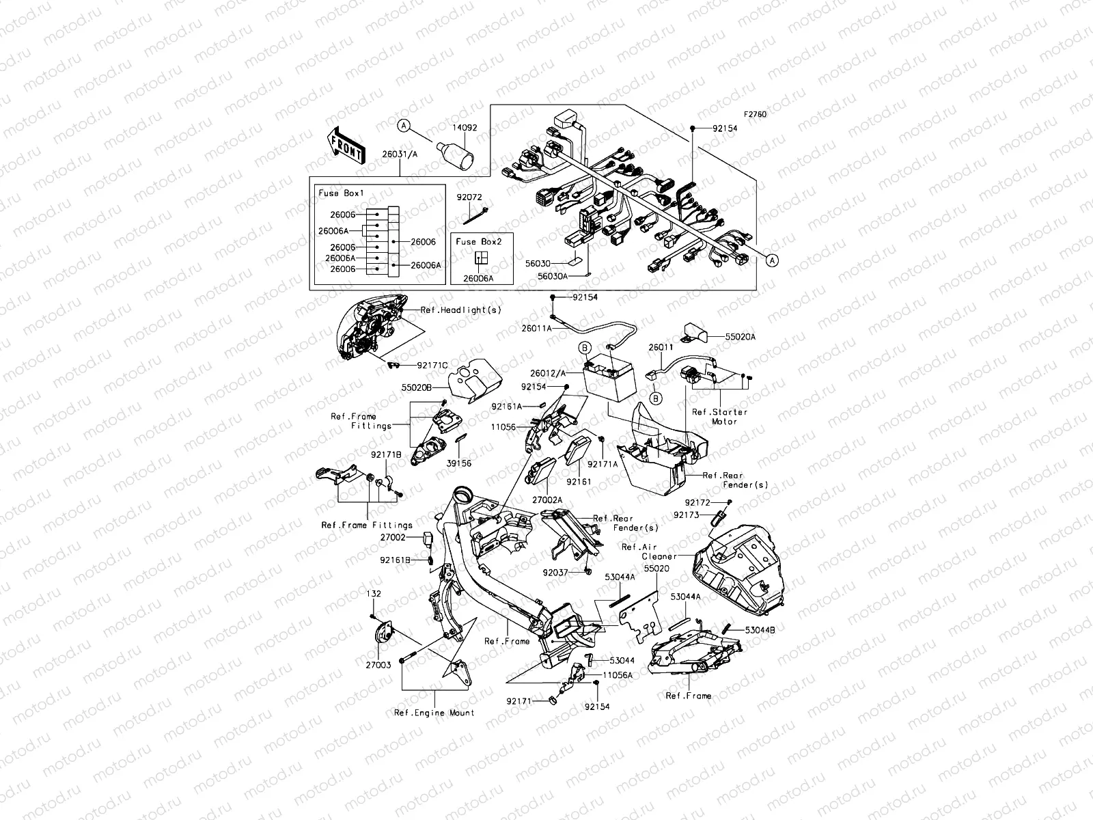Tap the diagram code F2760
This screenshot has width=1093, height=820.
coord(755,115)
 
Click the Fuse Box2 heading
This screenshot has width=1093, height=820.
coord(478,241)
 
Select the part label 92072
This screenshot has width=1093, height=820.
coord(469,197)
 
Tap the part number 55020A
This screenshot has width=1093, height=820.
coord(741,337)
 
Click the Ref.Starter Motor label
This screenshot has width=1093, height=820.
coord(720,417)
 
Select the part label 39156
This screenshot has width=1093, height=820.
coord(459,463)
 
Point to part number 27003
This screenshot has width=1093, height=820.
coord(378,664)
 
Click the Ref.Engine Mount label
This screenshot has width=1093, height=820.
coord(434,713)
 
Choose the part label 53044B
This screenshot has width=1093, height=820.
coord(760,629)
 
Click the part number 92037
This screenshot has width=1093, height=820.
coord(556,572)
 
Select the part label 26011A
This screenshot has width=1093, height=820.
coord(536,327)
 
